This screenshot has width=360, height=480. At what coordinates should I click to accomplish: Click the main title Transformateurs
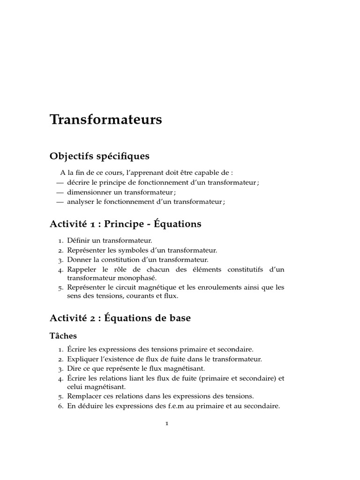(105, 120)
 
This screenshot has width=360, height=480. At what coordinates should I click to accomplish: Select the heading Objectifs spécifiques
(99, 156)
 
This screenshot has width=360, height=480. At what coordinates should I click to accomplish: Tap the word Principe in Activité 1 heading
(124, 224)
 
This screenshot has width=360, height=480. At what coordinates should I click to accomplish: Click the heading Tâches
(63, 336)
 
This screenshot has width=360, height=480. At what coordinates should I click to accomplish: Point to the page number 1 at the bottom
(166, 424)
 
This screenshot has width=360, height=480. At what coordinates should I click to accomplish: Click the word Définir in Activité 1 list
(77, 240)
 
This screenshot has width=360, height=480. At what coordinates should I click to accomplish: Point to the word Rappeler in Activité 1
(81, 270)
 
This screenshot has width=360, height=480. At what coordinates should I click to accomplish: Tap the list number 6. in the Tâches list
(60, 406)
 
